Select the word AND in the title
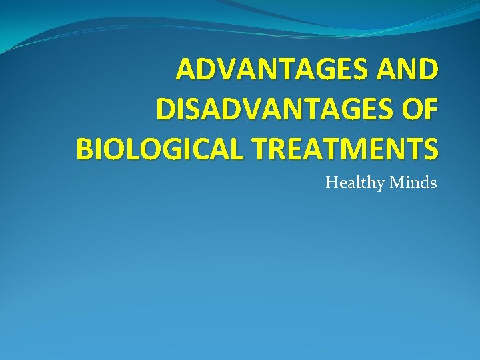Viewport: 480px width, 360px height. [x=408, y=70]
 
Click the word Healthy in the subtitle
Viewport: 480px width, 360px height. [x=355, y=182]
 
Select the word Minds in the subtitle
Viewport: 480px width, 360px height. [x=413, y=182]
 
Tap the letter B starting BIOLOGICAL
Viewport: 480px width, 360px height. [x=84, y=148]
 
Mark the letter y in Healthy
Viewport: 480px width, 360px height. [x=381, y=184]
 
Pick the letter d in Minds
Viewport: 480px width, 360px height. [x=425, y=182]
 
